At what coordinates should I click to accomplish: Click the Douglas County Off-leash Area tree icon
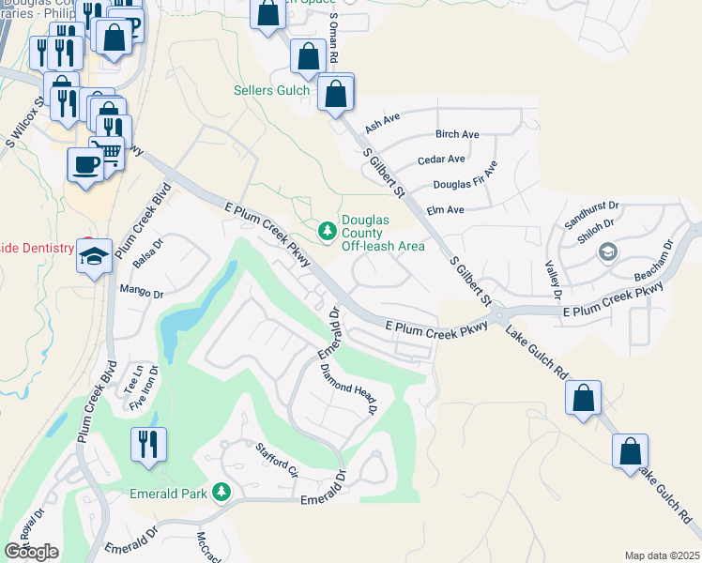(x=327, y=230)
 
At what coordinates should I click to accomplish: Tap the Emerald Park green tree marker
(x=221, y=493)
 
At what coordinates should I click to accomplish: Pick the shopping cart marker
(x=108, y=152)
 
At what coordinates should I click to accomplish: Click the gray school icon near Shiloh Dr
(x=608, y=251)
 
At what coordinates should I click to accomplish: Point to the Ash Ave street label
(x=382, y=123)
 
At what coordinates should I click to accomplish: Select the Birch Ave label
(x=458, y=134)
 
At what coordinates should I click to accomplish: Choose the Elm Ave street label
(x=446, y=210)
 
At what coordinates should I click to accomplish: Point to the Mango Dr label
(x=142, y=294)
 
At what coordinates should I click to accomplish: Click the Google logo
(x=32, y=552)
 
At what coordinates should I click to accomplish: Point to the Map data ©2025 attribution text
(x=661, y=555)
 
